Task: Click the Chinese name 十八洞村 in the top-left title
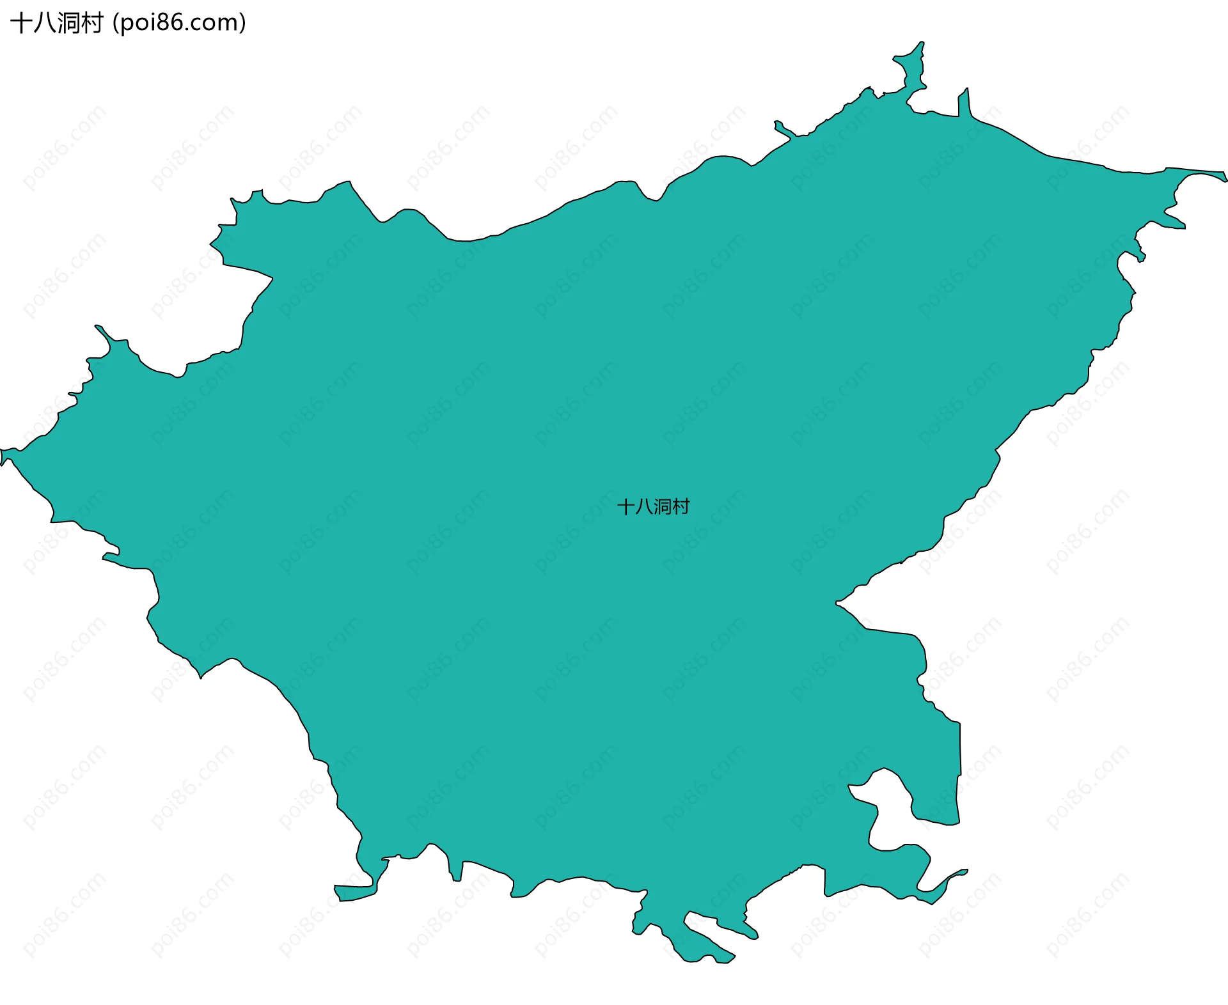point(56,23)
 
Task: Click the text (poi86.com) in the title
point(179,23)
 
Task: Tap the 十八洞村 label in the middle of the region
point(653,507)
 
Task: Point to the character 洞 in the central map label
point(663,507)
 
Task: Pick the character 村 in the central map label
point(681,507)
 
